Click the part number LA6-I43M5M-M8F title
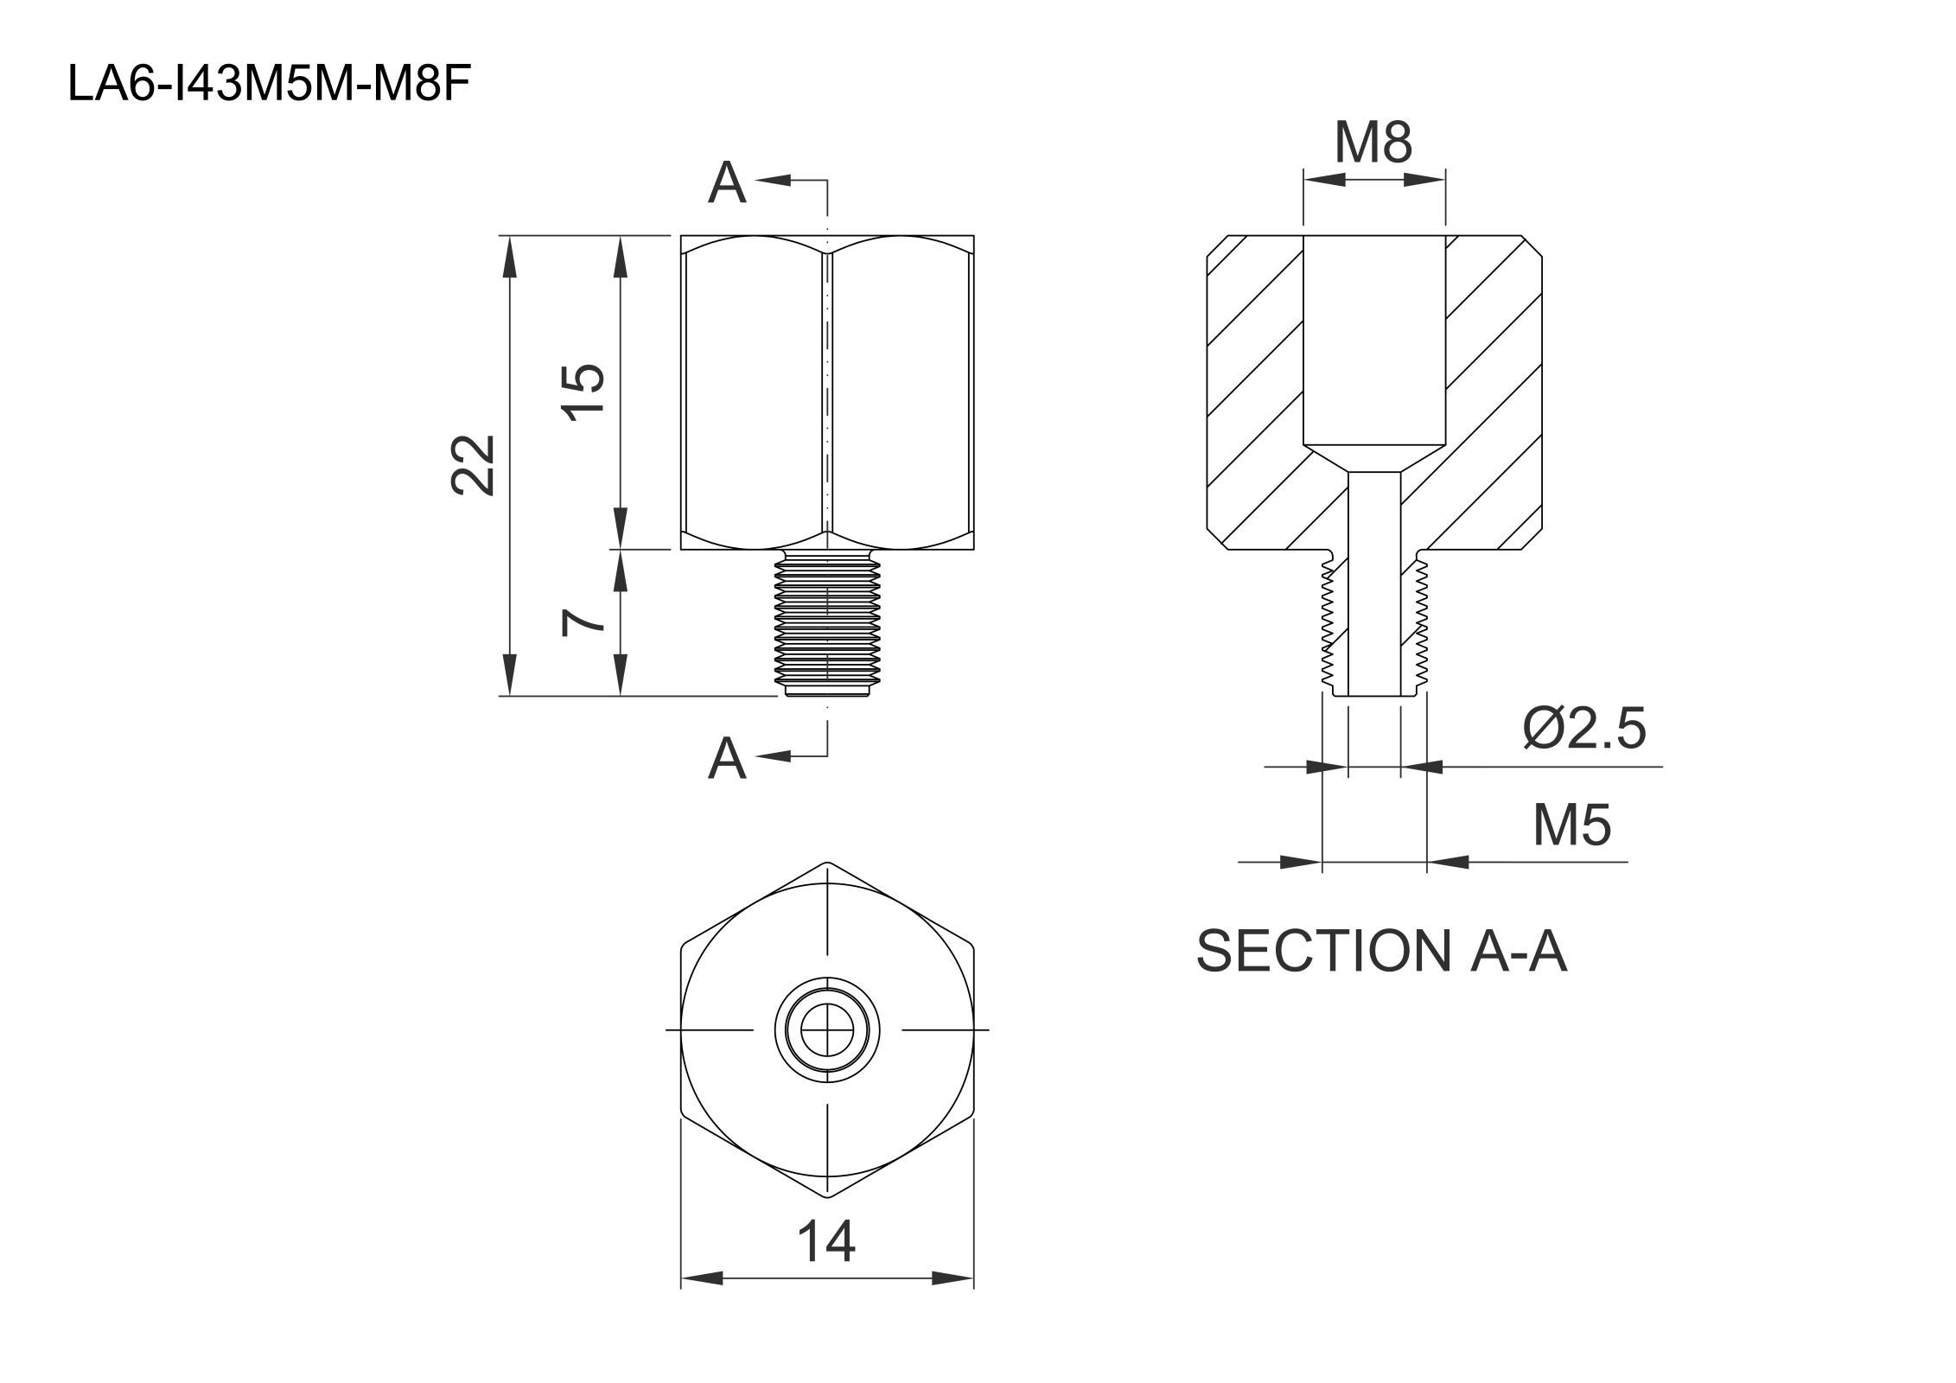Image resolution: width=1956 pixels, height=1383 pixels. [270, 86]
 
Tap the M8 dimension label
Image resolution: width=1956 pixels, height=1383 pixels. [1373, 143]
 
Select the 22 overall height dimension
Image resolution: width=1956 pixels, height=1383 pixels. [475, 465]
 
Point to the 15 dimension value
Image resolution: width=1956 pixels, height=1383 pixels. [585, 391]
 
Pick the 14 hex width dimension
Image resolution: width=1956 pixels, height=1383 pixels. [825, 1241]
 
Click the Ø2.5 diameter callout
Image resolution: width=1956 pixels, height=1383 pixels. [1583, 729]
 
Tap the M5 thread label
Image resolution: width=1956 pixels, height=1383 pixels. [1571, 825]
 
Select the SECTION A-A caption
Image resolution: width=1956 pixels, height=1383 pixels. [1380, 952]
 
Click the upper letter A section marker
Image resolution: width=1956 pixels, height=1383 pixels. [726, 183]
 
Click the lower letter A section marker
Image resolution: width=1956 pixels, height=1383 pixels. [726, 759]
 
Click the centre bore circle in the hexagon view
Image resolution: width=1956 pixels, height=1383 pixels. [827, 1029]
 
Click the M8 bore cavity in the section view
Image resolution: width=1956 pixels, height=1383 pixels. [1373, 337]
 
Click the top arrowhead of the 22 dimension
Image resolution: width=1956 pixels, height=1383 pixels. [509, 256]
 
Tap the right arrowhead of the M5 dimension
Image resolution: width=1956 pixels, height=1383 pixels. [1449, 862]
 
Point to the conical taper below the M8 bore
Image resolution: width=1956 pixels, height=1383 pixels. [1373, 458]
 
